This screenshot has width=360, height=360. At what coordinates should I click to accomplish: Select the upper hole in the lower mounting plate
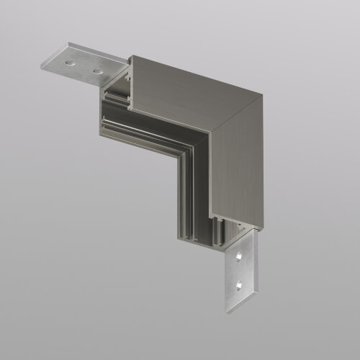pyautogui.click(x=239, y=256)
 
